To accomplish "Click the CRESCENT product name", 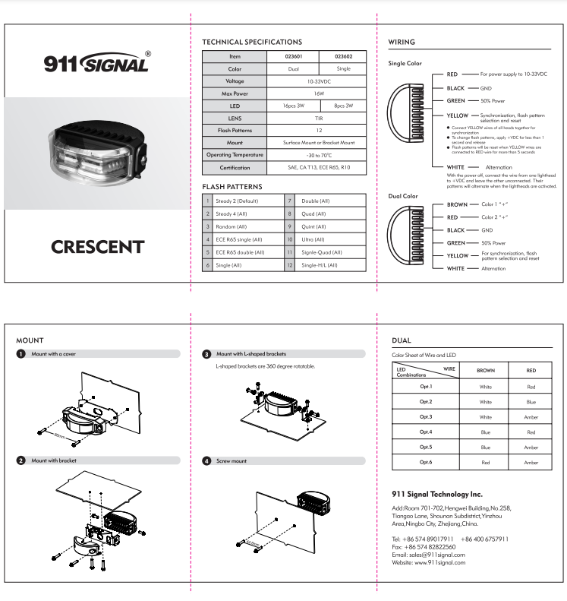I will pyautogui.click(x=96, y=247).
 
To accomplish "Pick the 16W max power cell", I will pyautogui.click(x=318, y=93).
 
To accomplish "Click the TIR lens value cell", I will pyautogui.click(x=318, y=118).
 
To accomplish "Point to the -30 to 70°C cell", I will pyautogui.click(x=318, y=154).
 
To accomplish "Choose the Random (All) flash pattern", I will pyautogui.click(x=231, y=226).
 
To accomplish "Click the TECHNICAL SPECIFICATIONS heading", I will pyautogui.click(x=252, y=43).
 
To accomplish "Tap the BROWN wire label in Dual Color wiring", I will pyautogui.click(x=457, y=205).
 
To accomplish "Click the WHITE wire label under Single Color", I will pyautogui.click(x=456, y=167).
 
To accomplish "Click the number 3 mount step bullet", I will pyautogui.click(x=207, y=354).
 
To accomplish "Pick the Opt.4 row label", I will pyautogui.click(x=425, y=432).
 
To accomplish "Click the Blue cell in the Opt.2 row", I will pyautogui.click(x=531, y=401).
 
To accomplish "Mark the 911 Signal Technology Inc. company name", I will pyautogui.click(x=437, y=494).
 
